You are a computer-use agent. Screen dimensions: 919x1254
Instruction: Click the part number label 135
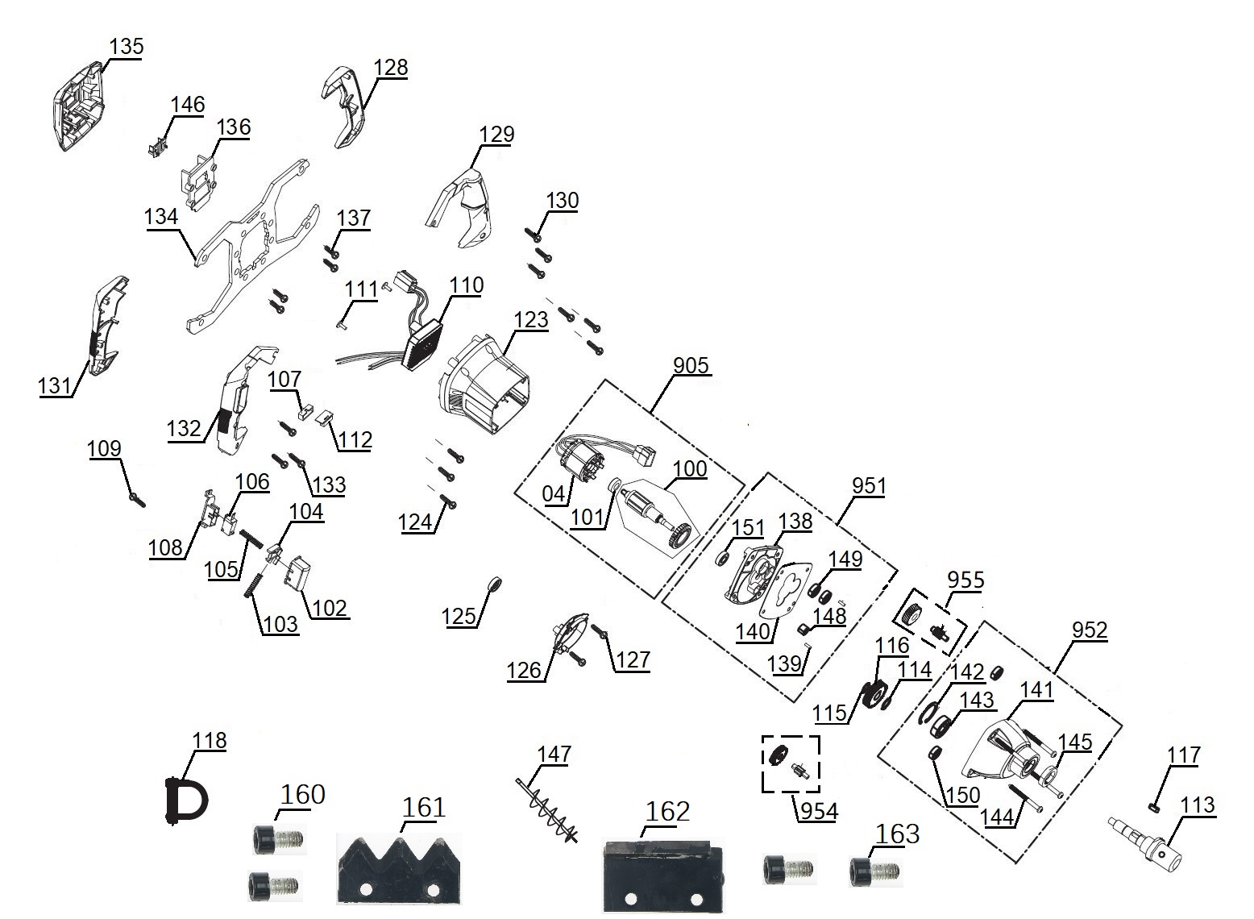[x=126, y=47]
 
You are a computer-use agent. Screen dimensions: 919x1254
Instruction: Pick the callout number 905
[x=691, y=365]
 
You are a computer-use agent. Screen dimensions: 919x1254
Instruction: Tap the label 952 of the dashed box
[x=1090, y=630]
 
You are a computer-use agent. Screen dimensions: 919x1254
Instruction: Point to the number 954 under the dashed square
[x=816, y=811]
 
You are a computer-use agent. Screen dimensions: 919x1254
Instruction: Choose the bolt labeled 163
[x=870, y=872]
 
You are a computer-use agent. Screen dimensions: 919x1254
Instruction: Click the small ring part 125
[x=497, y=584]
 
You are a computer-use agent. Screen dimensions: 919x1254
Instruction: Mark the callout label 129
[x=496, y=134]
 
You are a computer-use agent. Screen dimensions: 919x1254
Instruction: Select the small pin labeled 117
[x=1153, y=805]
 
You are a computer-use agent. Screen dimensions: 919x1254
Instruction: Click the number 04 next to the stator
[x=554, y=493]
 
